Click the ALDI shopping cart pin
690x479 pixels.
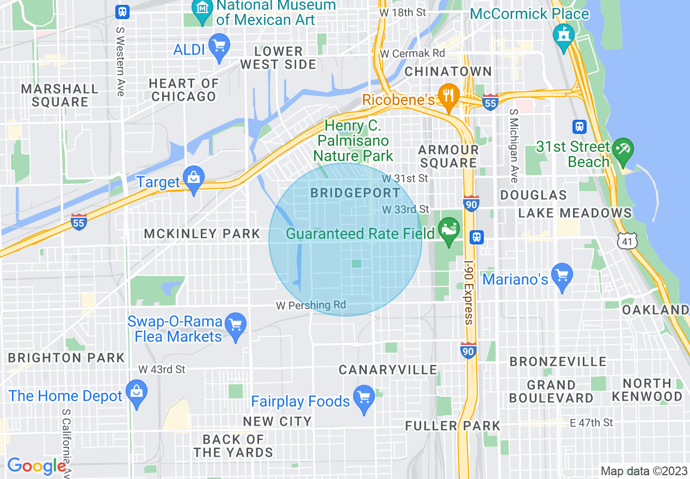(220, 47)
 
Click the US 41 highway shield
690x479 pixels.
(627, 240)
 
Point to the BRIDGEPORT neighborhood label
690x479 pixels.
(355, 193)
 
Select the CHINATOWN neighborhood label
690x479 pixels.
(448, 71)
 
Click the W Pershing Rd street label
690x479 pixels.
(311, 305)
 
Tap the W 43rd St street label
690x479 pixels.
(162, 370)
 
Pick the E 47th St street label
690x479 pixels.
(590, 422)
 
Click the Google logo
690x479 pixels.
(36, 466)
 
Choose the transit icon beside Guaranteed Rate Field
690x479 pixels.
(477, 237)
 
